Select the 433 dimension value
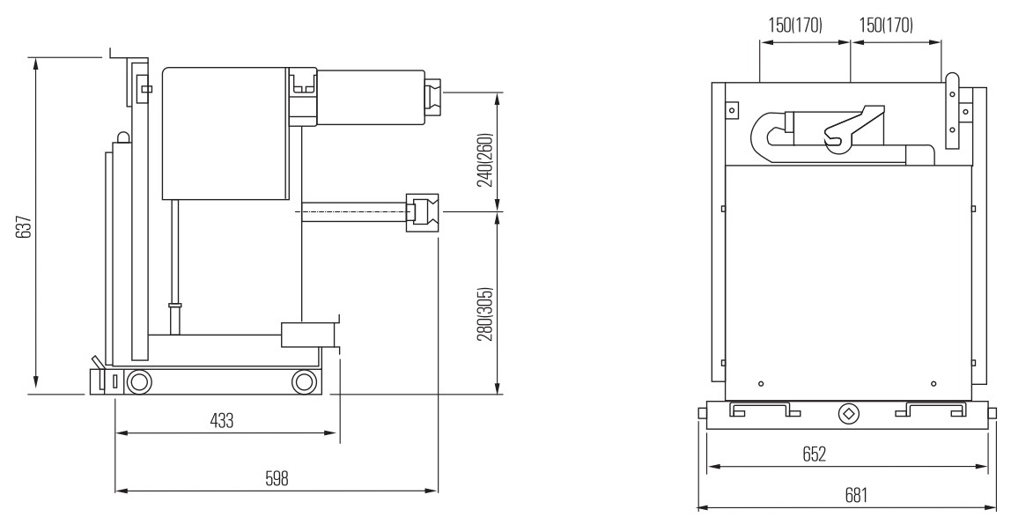pyautogui.click(x=222, y=421)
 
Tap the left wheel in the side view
pyautogui.click(x=137, y=381)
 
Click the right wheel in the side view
pyautogui.click(x=304, y=381)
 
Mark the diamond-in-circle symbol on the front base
pyautogui.click(x=849, y=412)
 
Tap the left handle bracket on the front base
pyautogui.click(x=764, y=410)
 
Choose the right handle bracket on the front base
pyautogui.click(x=931, y=410)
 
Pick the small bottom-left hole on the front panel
pyautogui.click(x=761, y=384)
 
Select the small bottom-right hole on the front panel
pyautogui.click(x=934, y=384)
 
